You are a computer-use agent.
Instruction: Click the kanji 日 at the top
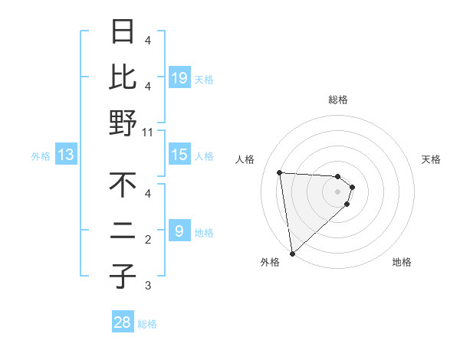(123, 32)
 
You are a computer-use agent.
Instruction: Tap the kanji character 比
(123, 77)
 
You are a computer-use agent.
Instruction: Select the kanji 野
(123, 123)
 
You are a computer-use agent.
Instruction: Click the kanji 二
(123, 231)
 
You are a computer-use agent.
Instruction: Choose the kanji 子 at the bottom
(123, 276)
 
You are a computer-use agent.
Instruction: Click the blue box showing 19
(179, 77)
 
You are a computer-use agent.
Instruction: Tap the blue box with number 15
(179, 155)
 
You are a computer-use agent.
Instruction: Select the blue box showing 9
(179, 231)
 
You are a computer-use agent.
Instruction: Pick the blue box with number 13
(66, 155)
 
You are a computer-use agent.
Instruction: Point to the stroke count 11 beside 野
(148, 133)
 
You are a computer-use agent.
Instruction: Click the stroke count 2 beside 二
(148, 240)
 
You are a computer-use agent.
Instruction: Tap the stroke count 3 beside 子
(148, 286)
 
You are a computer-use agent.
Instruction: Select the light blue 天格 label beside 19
(204, 79)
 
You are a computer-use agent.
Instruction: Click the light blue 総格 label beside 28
(147, 324)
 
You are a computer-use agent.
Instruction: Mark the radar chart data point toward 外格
(292, 253)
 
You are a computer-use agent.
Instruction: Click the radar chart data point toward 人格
(280, 172)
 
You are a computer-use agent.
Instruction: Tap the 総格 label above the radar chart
(338, 100)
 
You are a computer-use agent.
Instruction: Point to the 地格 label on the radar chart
(402, 262)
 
